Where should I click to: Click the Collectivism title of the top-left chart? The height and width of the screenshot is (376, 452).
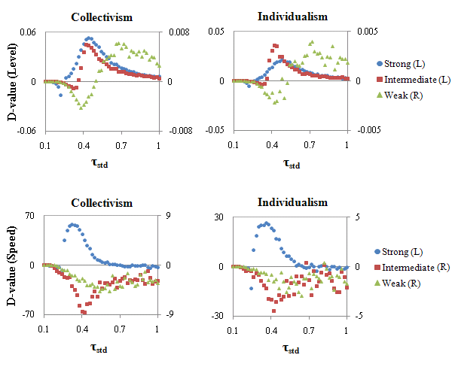[x=101, y=17]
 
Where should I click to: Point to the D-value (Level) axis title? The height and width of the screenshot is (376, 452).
[x=11, y=81]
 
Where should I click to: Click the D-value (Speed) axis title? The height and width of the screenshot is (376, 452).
[x=11, y=265]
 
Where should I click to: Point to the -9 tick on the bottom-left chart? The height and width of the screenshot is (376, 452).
[x=169, y=314]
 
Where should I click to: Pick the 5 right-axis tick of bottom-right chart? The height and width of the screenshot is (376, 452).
[x=356, y=217]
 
